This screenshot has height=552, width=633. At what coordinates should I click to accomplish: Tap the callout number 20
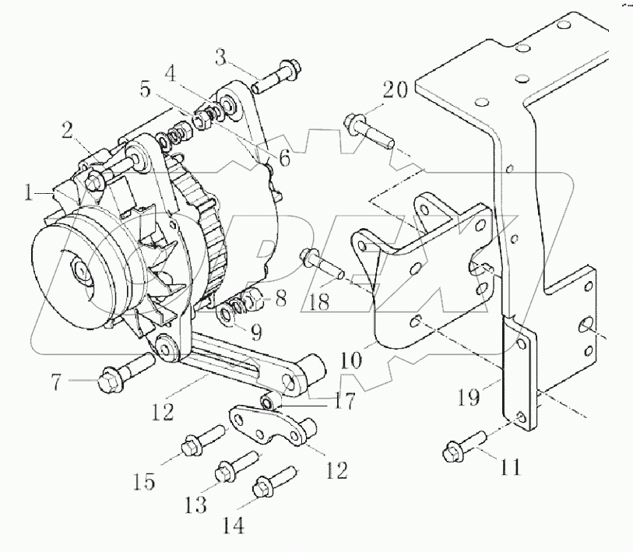click(394, 91)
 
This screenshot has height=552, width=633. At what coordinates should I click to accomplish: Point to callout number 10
click(352, 361)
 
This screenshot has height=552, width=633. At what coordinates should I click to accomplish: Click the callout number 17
click(344, 402)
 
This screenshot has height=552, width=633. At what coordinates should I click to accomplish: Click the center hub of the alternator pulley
click(81, 272)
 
